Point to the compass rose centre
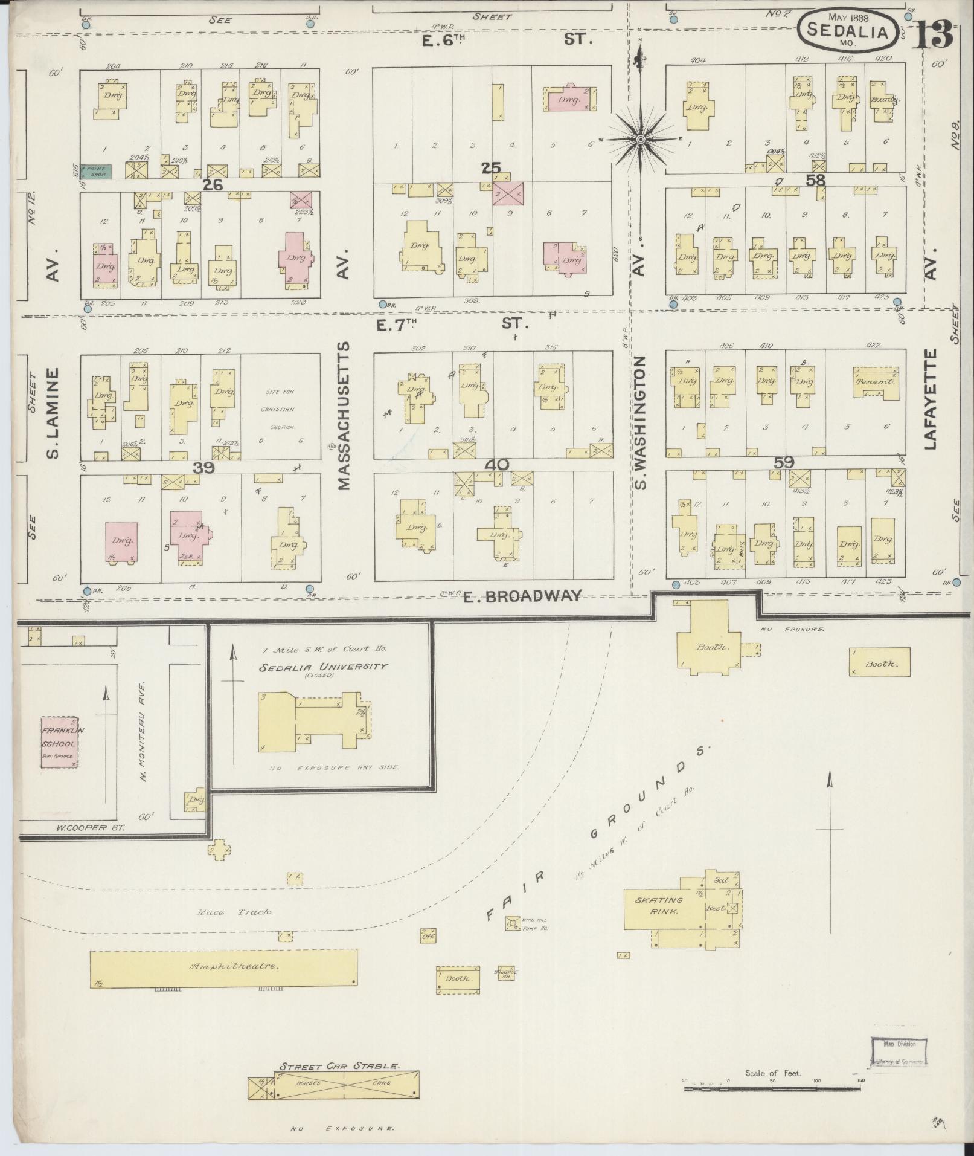(x=641, y=140)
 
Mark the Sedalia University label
(x=324, y=667)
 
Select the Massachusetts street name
(x=344, y=416)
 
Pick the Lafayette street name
(x=929, y=399)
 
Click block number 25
(x=490, y=168)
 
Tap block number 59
(x=784, y=462)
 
